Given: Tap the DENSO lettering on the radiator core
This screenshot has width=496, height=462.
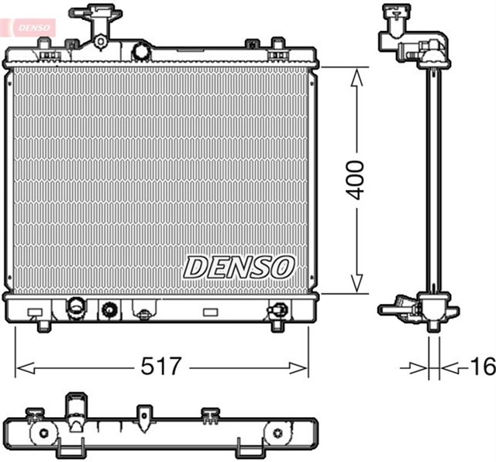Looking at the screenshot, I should [239, 267].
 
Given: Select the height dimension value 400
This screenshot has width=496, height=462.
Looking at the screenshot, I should [356, 181].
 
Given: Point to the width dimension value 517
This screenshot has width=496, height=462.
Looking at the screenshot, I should [162, 367].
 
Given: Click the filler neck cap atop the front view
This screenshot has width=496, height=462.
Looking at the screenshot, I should [90, 13].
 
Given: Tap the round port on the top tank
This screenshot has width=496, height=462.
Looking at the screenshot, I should [141, 51].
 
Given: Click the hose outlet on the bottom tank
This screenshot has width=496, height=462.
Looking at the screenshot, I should [76, 307].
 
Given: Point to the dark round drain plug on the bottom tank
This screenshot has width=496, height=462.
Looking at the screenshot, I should [110, 310].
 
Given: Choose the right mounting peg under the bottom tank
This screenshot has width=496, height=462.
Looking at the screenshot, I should [276, 326].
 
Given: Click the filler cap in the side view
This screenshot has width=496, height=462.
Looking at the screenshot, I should [397, 13].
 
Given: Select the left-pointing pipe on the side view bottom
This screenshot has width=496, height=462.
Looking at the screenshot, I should [390, 310].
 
